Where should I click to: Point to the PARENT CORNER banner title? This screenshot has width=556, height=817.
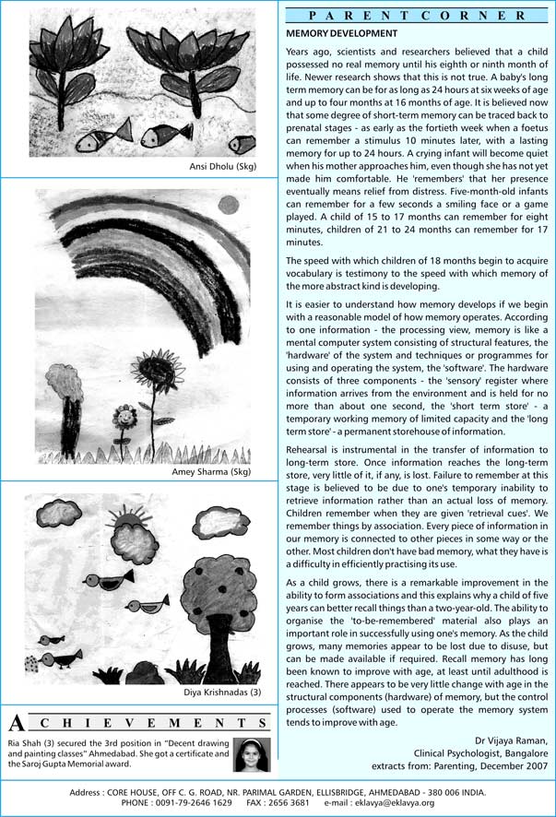pyautogui.click(x=419, y=15)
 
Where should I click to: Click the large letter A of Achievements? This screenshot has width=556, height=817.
pyautogui.click(x=17, y=722)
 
